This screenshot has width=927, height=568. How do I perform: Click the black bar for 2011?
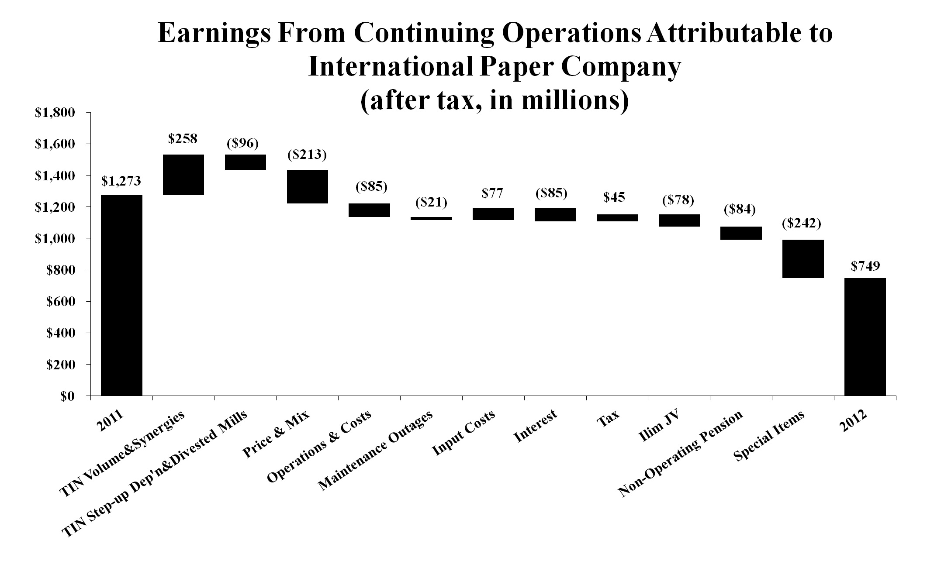coord(121,295)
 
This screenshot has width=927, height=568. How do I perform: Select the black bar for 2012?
coord(865,337)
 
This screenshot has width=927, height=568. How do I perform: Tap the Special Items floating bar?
coord(803,259)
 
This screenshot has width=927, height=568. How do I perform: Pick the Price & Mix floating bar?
coord(307,186)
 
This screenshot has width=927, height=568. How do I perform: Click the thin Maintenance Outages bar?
coord(431,218)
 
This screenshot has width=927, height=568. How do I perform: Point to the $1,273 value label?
coord(121,181)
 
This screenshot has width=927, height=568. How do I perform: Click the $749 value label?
coord(865,266)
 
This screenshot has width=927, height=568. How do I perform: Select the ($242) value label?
coord(801,224)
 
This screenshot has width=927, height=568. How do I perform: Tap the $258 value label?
coord(183,139)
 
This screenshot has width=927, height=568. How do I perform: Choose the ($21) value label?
coord(431,203)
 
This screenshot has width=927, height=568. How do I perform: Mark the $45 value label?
coord(614,197)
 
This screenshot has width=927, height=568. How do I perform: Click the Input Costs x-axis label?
coord(463,433)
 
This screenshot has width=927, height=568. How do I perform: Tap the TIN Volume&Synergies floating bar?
coord(183,175)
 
